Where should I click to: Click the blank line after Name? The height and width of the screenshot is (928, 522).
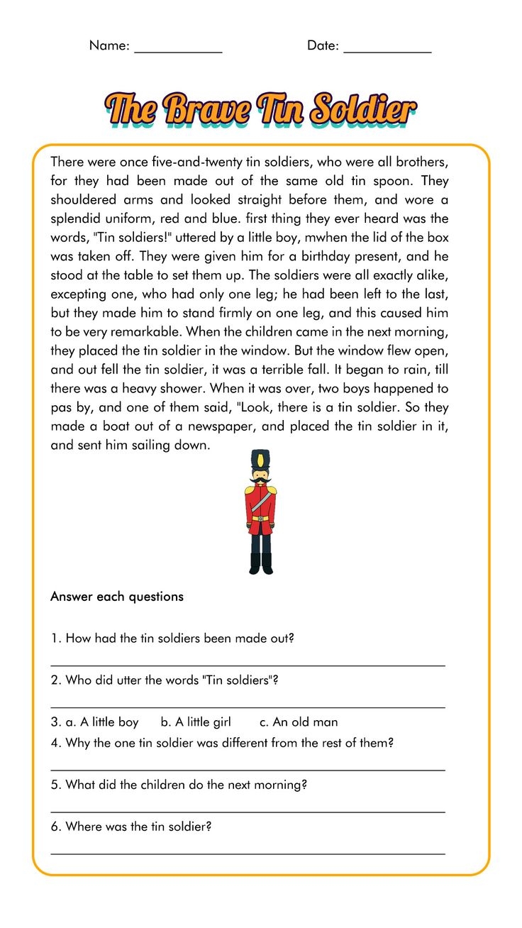click(178, 51)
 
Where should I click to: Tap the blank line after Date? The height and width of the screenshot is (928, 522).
click(387, 51)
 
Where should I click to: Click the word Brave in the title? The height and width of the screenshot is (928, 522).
click(206, 110)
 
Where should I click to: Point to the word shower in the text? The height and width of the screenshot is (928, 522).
click(179, 389)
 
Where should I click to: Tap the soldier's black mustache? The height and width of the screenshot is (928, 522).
click(260, 482)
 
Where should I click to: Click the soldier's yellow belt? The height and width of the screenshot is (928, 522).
click(261, 519)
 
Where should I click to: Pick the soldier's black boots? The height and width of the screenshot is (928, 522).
click(260, 563)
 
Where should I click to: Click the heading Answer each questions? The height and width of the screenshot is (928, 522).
click(116, 597)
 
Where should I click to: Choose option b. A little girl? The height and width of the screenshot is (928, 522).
click(196, 722)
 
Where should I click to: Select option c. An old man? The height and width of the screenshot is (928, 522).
click(298, 722)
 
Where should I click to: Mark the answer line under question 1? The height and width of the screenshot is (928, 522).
click(248, 665)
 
